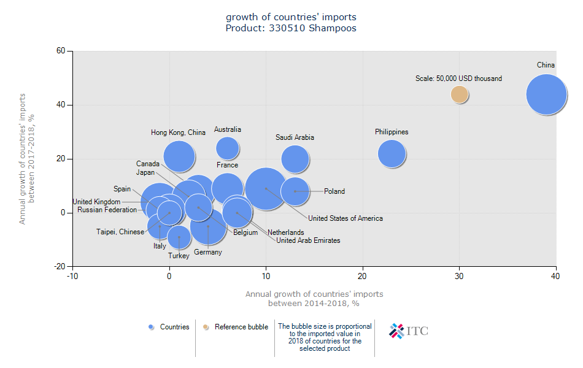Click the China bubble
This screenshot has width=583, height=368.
pyautogui.click(x=546, y=94)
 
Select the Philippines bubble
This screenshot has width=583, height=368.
pyautogui.click(x=392, y=154)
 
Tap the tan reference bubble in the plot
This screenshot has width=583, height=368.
pyautogui.click(x=460, y=94)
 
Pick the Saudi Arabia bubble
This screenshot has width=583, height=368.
pyautogui.click(x=295, y=159)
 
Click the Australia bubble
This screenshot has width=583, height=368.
pyautogui.click(x=228, y=148)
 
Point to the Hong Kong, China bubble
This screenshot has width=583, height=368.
pyautogui.click(x=179, y=156)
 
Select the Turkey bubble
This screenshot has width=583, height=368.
pyautogui.click(x=179, y=237)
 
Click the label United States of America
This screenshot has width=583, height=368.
pyautogui.click(x=346, y=218)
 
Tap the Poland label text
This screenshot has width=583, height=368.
pyautogui.click(x=334, y=191)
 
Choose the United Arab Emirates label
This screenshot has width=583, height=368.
pyautogui.click(x=308, y=240)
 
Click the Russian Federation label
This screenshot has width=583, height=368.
pyautogui.click(x=107, y=210)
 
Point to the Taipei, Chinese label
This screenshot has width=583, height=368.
pyautogui.click(x=120, y=232)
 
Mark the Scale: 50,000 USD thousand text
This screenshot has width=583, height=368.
pyautogui.click(x=458, y=79)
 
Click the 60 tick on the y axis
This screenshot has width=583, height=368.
pyautogui.click(x=61, y=51)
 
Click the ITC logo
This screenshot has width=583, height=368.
pyautogui.click(x=409, y=331)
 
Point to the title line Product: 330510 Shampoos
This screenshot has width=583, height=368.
pyautogui.click(x=291, y=28)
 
